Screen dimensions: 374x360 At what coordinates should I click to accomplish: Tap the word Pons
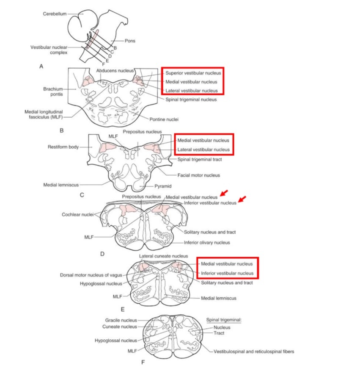pyautogui.click(x=130, y=41)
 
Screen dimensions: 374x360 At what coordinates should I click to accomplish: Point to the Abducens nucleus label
pyautogui.click(x=115, y=70)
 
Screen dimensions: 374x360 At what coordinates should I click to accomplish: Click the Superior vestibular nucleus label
pyautogui.click(x=192, y=73)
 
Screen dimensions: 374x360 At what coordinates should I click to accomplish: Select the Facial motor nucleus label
pyautogui.click(x=198, y=175)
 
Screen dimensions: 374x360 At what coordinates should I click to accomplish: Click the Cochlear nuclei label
pyautogui.click(x=76, y=214)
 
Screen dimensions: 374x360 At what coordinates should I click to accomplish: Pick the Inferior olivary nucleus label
pyautogui.click(x=206, y=243)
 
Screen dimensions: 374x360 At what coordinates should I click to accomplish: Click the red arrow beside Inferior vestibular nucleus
pyautogui.click(x=242, y=200)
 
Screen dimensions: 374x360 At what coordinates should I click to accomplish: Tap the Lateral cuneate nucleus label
pyautogui.click(x=163, y=256)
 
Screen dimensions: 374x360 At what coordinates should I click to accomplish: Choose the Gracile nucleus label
pyautogui.click(x=121, y=320)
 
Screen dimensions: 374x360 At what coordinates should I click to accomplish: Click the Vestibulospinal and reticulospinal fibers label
pyautogui.click(x=254, y=352)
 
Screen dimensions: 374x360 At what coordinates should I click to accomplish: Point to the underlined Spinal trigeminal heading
pyautogui.click(x=223, y=320)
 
